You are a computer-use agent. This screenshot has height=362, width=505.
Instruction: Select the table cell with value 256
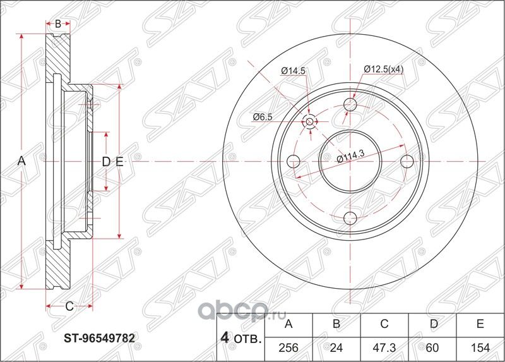click(x=288, y=347)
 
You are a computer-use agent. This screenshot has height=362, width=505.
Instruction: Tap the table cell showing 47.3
click(x=384, y=347)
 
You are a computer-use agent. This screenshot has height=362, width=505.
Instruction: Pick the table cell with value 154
click(x=480, y=347)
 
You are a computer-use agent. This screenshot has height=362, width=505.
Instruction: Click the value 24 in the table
click(x=336, y=347)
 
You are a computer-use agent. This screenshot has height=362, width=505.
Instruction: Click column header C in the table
click(x=384, y=325)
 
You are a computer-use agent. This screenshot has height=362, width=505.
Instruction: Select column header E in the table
click(x=480, y=325)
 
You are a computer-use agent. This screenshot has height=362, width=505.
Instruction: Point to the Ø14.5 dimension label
click(x=293, y=71)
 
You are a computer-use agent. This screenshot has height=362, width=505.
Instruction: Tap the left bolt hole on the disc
click(x=293, y=162)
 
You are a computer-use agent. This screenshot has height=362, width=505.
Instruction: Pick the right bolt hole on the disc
click(x=407, y=162)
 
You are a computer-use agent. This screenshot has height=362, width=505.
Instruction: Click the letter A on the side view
click(x=21, y=162)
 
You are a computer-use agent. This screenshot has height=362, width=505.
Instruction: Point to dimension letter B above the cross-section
click(x=57, y=25)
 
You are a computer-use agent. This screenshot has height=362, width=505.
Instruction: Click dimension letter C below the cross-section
click(x=69, y=306)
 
